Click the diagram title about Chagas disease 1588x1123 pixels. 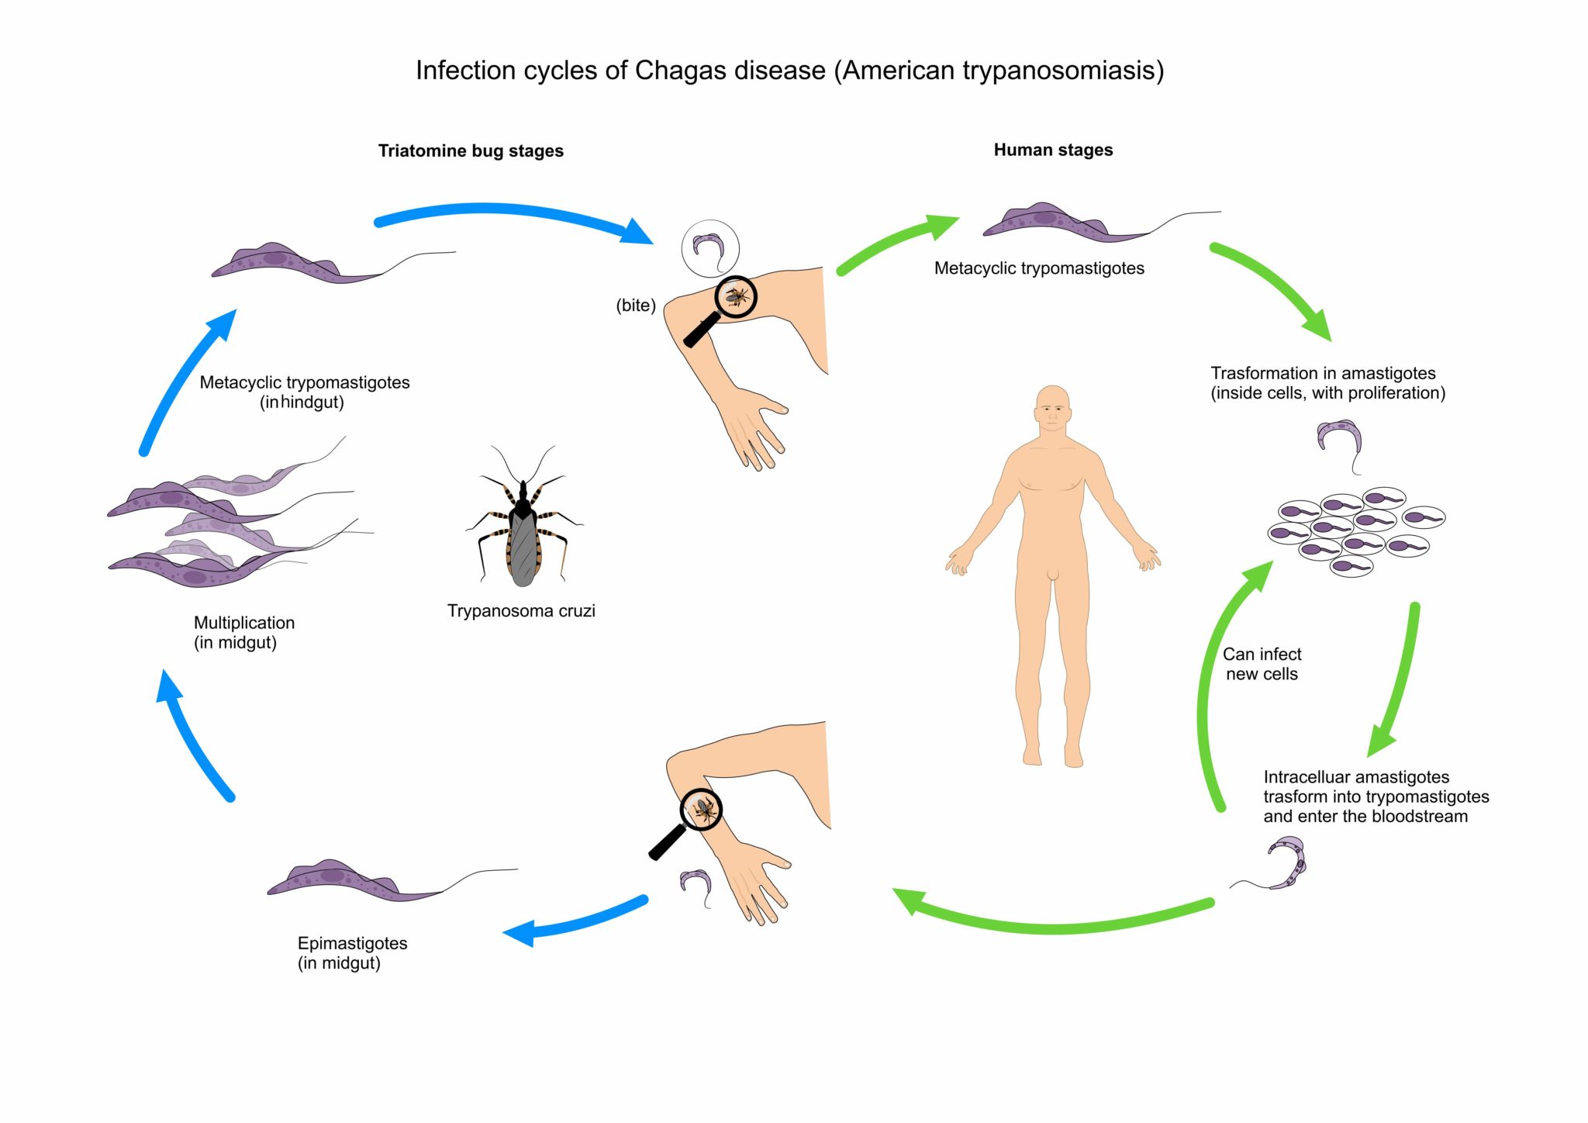click(789, 71)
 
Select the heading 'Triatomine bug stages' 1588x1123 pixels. click(471, 151)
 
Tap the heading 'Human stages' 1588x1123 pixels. click(1053, 150)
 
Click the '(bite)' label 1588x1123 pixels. click(636, 306)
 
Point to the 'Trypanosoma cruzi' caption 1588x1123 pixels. click(521, 611)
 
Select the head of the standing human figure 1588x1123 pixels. click(1052, 409)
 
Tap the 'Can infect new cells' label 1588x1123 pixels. click(1262, 665)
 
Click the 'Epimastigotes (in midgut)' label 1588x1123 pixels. click(352, 953)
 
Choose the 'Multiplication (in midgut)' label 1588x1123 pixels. click(244, 633)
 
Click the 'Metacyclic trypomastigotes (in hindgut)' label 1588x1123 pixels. click(305, 392)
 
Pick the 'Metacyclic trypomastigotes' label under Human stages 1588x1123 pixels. click(1039, 268)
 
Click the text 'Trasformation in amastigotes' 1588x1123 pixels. click(1323, 373)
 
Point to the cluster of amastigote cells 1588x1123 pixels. click(1356, 531)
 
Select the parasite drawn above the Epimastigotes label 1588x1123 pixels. click(392, 880)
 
